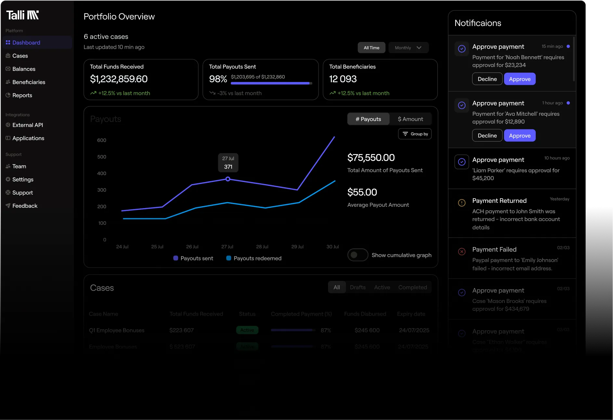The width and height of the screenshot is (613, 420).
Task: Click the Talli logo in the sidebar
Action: (x=22, y=15)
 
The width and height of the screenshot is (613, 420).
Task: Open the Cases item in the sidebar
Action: (x=20, y=56)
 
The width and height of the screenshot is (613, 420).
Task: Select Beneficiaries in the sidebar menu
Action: (x=29, y=82)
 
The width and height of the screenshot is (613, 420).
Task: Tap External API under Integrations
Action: (x=27, y=125)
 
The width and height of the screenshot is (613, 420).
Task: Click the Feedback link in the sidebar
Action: (x=25, y=206)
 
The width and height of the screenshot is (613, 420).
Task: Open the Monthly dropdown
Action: (x=408, y=48)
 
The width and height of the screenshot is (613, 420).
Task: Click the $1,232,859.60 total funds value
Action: (x=119, y=79)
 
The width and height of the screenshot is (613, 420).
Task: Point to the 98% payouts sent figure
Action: (x=218, y=79)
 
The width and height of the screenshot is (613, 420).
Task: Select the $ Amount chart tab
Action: (x=410, y=119)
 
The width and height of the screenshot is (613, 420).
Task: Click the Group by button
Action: (x=415, y=134)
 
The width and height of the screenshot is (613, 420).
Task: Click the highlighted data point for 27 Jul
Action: (x=228, y=179)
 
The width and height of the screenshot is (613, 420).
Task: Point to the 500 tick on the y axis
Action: (x=101, y=157)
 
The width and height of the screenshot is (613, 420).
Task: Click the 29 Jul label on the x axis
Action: (x=297, y=247)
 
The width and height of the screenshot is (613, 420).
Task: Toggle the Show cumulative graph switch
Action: (x=358, y=255)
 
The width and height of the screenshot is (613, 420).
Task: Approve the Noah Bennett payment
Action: (x=519, y=79)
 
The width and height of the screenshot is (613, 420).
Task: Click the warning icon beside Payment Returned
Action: (x=462, y=203)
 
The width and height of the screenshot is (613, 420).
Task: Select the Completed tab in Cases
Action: (x=412, y=287)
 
